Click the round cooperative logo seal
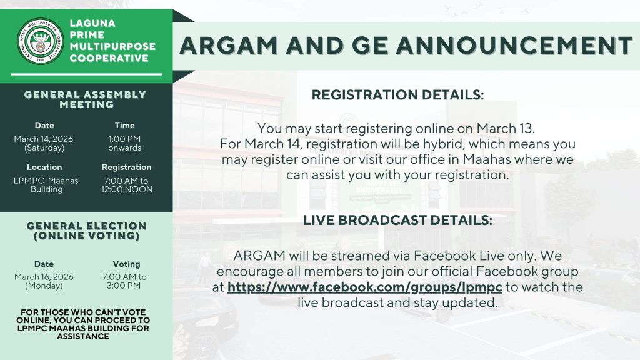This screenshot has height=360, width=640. (41, 41)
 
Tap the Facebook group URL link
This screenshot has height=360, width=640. (364, 287)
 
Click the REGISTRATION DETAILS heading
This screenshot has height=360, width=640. (397, 95)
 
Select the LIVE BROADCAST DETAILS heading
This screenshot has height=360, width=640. (397, 221)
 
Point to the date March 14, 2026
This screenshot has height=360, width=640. (44, 139)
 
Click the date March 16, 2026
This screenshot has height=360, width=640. (44, 277)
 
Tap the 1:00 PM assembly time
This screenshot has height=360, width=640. (124, 139)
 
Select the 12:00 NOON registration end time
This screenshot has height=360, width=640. (127, 189)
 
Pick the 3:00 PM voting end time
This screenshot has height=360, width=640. (124, 286)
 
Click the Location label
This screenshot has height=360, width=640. (44, 167)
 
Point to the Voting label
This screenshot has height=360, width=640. (126, 264)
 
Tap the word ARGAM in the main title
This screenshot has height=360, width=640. (229, 45)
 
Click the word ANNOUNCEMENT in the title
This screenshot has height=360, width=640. (514, 45)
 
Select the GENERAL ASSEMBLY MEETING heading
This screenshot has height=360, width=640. (86, 99)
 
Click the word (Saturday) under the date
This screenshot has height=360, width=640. (44, 148)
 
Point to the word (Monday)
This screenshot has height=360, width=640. (44, 286)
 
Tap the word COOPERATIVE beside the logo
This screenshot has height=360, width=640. (109, 58)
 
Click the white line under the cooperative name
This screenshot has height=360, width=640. (86, 74)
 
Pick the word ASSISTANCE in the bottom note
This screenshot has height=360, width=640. (83, 337)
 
